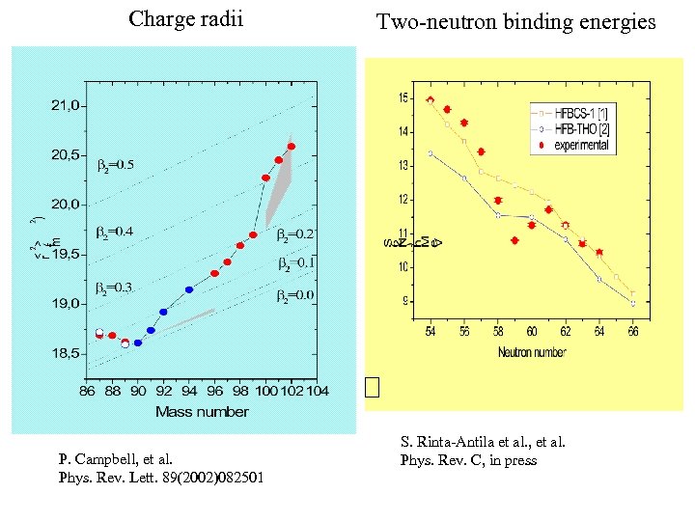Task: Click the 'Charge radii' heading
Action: (185, 18)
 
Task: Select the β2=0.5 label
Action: (116, 165)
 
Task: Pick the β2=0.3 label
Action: (115, 288)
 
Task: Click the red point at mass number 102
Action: (292, 147)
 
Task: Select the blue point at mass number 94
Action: (189, 289)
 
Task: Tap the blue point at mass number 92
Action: (163, 312)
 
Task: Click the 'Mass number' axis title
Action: (202, 412)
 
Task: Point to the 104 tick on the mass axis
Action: (318, 391)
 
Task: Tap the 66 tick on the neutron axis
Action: (633, 332)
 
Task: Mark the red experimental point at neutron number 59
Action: (514, 240)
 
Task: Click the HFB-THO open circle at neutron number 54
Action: (431, 152)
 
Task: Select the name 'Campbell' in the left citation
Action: (99, 460)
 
